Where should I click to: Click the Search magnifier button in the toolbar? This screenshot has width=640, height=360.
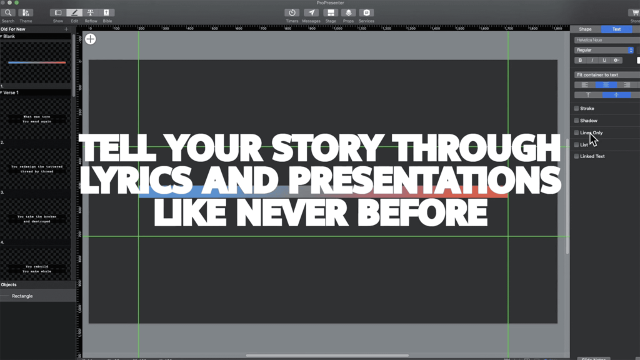pos(8,12)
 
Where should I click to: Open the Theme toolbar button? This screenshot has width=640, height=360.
pos(26,12)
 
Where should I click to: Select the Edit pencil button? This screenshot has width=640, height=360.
pos(74,12)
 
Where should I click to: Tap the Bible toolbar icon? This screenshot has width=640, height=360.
pos(107,12)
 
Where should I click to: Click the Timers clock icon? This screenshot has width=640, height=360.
pos(292,12)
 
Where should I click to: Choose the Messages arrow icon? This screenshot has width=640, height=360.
pos(311,12)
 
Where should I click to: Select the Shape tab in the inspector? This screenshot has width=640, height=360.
pos(585,29)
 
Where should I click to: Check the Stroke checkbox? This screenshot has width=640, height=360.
pos(576,109)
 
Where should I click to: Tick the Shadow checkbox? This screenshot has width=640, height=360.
pos(576,121)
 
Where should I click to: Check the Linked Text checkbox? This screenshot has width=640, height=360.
pos(576,156)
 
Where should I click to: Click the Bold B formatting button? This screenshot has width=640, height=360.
pos(580,61)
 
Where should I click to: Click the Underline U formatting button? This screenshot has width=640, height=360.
pos(604,61)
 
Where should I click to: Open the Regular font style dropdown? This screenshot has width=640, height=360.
pos(604,50)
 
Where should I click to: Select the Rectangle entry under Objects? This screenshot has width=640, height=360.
pos(22,296)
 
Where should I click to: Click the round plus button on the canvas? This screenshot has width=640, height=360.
pos(91,39)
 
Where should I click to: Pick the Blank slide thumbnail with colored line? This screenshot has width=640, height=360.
pos(36,62)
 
